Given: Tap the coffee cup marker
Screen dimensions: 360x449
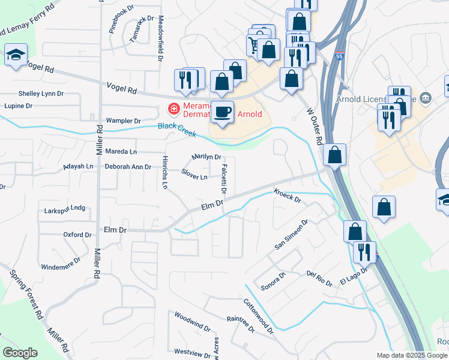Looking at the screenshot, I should (x=223, y=112).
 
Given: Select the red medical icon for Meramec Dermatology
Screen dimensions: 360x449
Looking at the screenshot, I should (x=173, y=109).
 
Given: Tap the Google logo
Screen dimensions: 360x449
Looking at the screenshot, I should (x=20, y=353).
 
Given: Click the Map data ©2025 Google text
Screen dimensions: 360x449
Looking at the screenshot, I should (x=412, y=355).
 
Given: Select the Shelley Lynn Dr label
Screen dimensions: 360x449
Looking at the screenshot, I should (x=41, y=94).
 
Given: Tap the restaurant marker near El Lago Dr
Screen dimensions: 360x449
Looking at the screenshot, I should (x=364, y=251).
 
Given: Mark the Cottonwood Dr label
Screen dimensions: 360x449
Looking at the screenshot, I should (x=259, y=316).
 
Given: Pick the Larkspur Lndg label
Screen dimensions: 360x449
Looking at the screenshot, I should (x=65, y=209).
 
